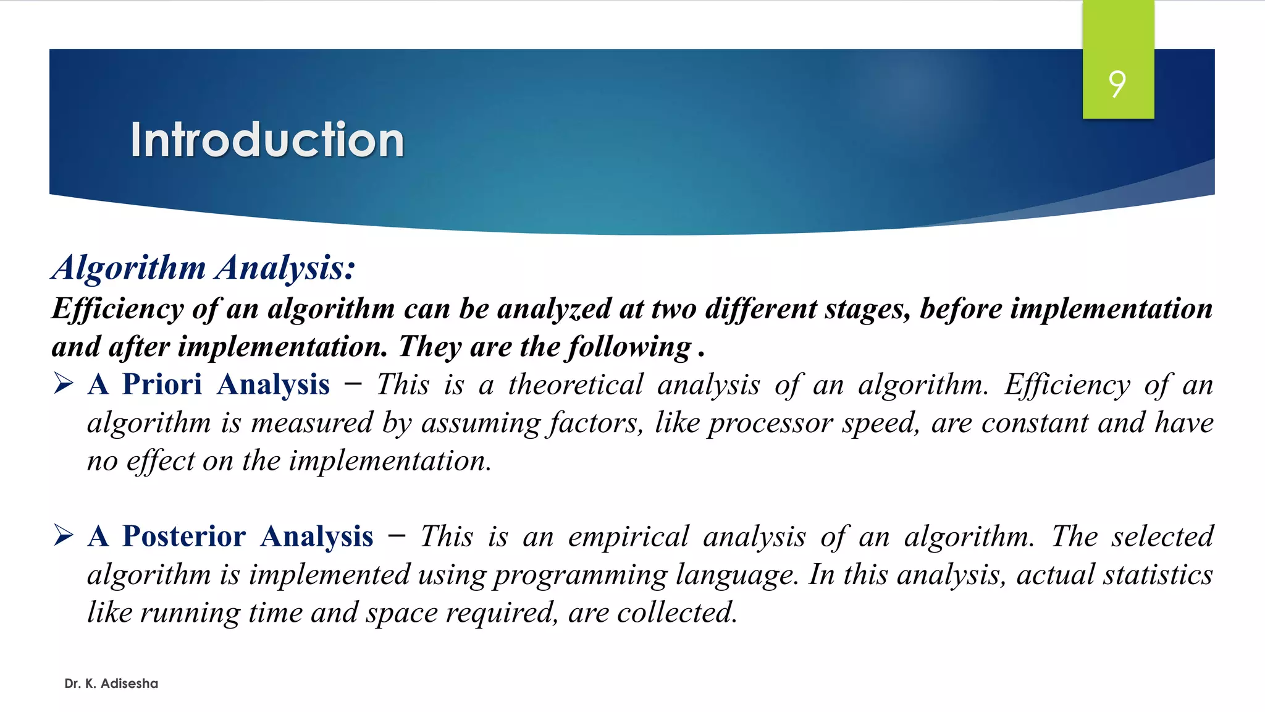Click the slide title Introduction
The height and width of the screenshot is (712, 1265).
pyautogui.click(x=267, y=140)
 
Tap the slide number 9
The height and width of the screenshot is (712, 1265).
pyautogui.click(x=1117, y=84)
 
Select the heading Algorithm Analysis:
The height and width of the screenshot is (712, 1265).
pyautogui.click(x=204, y=268)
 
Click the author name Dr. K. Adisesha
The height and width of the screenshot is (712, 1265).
pyautogui.click(x=111, y=684)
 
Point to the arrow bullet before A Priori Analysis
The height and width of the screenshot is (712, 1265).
pyautogui.click(x=64, y=383)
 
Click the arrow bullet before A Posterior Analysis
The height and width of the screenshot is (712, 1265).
pyautogui.click(x=64, y=535)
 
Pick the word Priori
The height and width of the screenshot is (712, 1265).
pyautogui.click(x=162, y=384)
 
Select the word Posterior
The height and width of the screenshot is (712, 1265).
pyautogui.click(x=184, y=536)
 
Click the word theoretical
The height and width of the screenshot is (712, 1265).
pyautogui.click(x=576, y=384)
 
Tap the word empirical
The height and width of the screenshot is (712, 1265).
pyautogui.click(x=628, y=536)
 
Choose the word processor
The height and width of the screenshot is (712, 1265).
pyautogui.click(x=771, y=423)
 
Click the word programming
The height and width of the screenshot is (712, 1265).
pyautogui.click(x=580, y=575)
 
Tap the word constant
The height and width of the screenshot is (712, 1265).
pyautogui.click(x=1035, y=423)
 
